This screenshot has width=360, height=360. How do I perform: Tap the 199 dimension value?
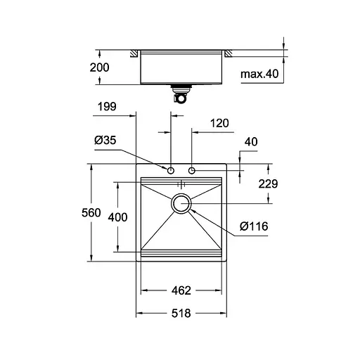(107, 108)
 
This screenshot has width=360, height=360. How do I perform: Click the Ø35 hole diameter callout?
(105, 141)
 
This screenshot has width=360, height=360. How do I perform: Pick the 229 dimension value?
(268, 184)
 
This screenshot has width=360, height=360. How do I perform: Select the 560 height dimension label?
(91, 213)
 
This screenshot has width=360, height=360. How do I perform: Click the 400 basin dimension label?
(117, 217)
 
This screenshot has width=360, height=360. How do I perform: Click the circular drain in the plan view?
(181, 204)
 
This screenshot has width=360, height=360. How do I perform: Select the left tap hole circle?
(171, 170)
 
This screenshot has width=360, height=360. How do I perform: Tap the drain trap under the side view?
(181, 94)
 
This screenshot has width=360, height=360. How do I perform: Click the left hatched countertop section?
(132, 53)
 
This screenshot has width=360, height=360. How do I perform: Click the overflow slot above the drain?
(181, 184)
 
